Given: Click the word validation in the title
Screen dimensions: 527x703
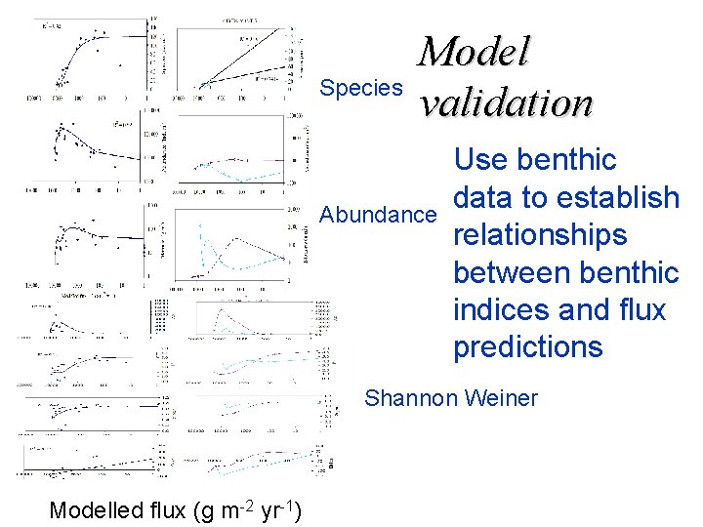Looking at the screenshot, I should [x=505, y=101].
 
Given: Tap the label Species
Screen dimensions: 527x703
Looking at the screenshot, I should [x=361, y=88].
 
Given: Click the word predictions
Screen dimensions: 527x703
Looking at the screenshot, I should [x=527, y=347].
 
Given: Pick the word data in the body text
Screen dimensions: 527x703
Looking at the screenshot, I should [x=485, y=197].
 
